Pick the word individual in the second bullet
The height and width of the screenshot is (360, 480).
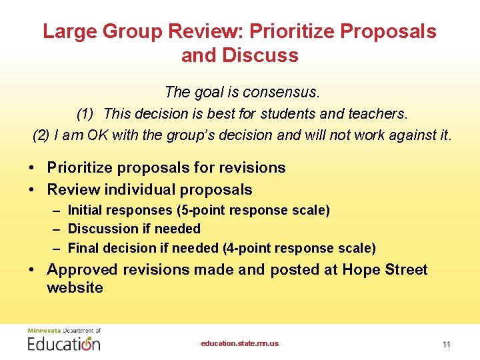(x=138, y=190)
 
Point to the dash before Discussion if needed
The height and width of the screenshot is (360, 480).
(x=58, y=229)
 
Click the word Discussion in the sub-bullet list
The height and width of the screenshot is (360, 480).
(x=103, y=229)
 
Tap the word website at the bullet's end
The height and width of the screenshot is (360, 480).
(x=75, y=288)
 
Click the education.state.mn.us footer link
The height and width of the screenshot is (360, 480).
(x=240, y=343)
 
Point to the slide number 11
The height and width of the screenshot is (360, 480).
(x=447, y=344)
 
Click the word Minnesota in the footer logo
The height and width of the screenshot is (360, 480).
(x=43, y=331)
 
